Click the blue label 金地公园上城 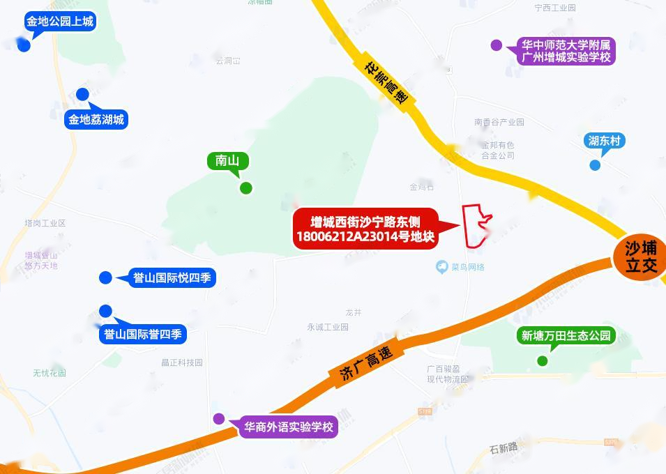(59, 22)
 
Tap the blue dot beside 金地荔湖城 (82, 94)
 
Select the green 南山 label (227, 161)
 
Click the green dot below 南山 (245, 188)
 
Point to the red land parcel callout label (367, 229)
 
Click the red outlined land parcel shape (477, 224)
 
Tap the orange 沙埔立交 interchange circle (640, 257)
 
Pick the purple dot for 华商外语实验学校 (219, 419)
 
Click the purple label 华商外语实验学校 (287, 427)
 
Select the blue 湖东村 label (604, 141)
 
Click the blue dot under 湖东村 (595, 165)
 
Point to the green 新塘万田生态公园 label (566, 336)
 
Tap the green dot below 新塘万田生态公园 (542, 360)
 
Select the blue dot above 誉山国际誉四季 (105, 311)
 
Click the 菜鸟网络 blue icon (441, 267)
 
